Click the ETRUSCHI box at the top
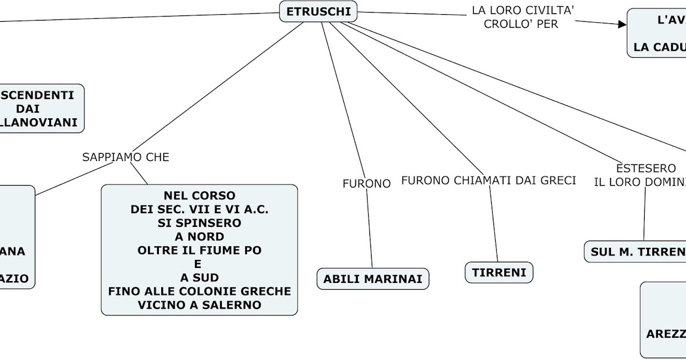click(x=318, y=11)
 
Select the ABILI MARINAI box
click(x=373, y=279)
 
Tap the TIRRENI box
click(x=499, y=273)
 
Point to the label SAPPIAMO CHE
click(x=126, y=157)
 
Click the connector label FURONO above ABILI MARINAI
click(x=366, y=183)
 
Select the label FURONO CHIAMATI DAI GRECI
click(x=488, y=181)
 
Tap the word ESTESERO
click(x=646, y=169)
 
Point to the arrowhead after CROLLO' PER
click(x=622, y=23)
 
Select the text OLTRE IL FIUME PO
click(x=200, y=250)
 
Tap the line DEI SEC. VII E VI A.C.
click(x=200, y=209)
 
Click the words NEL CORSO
click(x=200, y=195)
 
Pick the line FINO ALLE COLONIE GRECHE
click(x=200, y=291)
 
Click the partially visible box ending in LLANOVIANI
click(x=40, y=109)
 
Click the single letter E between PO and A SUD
click(x=198, y=264)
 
